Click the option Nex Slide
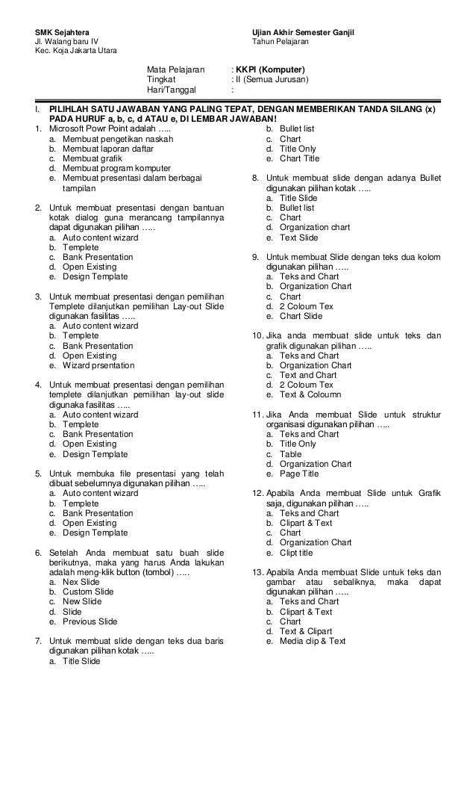(81, 581)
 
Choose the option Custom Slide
(88, 592)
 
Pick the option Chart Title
(299, 159)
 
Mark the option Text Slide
(298, 238)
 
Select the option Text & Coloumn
(310, 394)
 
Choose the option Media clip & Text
(313, 641)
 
